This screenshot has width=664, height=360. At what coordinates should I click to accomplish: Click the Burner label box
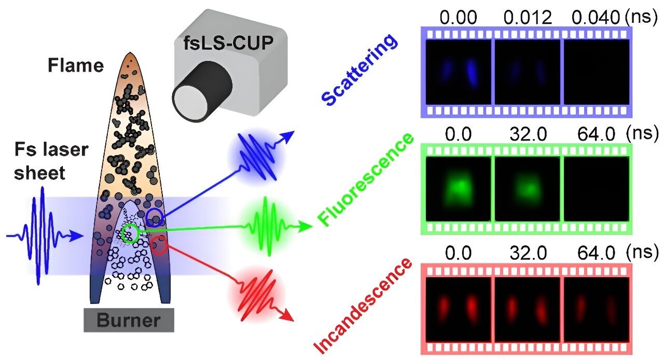129,320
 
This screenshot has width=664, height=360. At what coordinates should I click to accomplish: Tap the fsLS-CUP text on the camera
228,43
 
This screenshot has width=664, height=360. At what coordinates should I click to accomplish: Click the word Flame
76,65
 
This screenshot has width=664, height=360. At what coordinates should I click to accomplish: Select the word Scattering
359,69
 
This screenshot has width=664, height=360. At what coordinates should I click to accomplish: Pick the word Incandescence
363,306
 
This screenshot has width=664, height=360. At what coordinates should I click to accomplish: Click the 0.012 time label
528,18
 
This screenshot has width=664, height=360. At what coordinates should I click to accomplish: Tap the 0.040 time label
596,18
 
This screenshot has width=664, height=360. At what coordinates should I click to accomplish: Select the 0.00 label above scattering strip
458,18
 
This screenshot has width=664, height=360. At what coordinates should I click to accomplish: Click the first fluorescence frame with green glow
458,189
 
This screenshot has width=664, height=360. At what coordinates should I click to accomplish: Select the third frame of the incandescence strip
596,309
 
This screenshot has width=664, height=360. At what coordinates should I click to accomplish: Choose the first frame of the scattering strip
458,72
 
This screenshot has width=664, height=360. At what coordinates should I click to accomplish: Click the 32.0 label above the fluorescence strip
528,134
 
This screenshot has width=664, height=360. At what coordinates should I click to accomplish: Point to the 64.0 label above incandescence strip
597,253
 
